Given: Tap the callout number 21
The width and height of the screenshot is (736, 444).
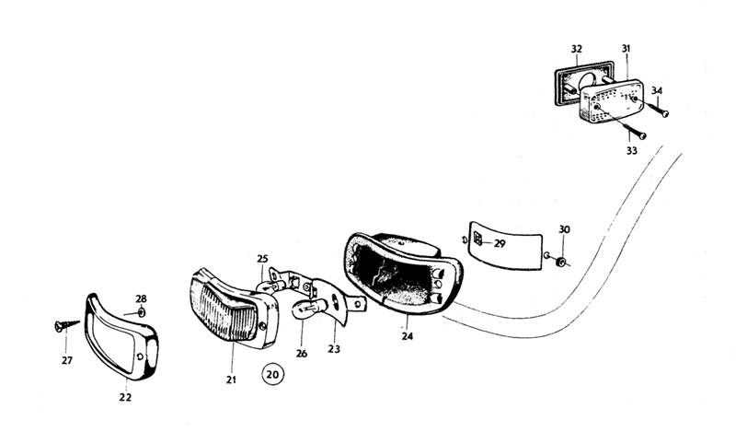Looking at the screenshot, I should coord(231,379).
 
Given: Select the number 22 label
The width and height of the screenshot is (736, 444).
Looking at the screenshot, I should coord(125,398).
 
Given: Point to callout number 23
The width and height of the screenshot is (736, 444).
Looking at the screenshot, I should coord(334,349).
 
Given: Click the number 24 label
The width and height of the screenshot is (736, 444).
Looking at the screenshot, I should coord(408,336).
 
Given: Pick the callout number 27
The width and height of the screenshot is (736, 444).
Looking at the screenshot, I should coord(67,360).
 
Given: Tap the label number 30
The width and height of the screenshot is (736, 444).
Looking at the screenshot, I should coord(564,228).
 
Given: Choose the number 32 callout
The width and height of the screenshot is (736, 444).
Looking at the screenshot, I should coord(576,48).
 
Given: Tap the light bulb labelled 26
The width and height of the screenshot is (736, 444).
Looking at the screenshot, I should coord(306,310).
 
